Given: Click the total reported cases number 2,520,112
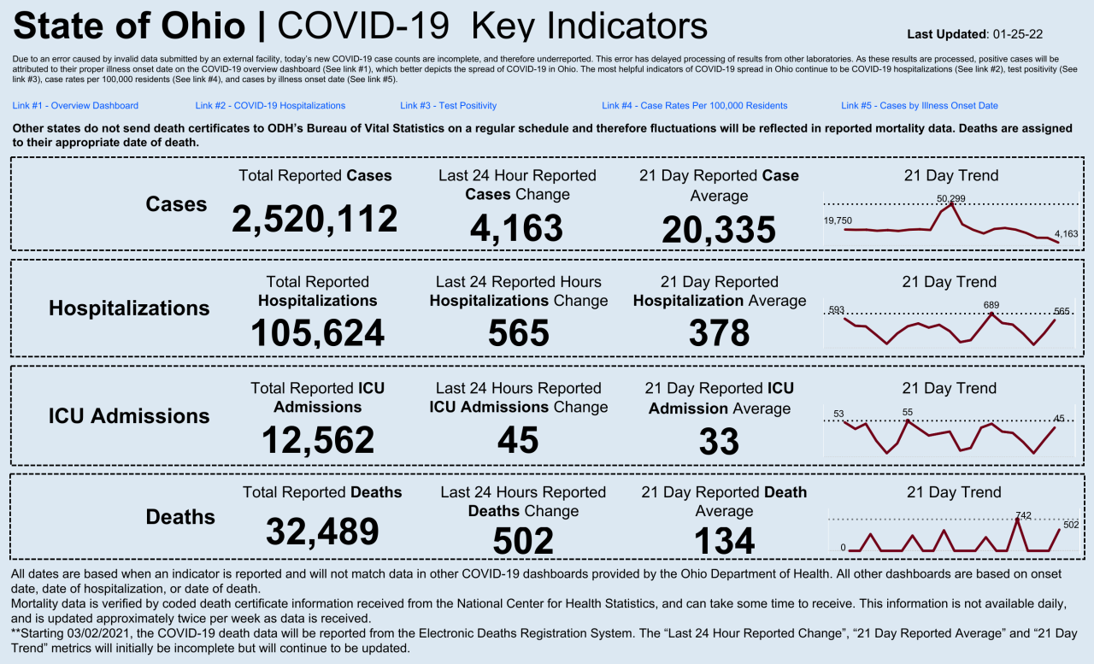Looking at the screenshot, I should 315,219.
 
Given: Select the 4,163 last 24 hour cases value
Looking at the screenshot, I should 516,228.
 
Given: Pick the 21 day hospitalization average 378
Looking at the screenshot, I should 719,332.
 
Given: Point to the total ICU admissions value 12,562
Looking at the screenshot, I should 317,439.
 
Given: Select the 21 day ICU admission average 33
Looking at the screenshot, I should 719,441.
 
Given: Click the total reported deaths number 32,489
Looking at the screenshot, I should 321,531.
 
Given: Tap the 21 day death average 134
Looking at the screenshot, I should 724,540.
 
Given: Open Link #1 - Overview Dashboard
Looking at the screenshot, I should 75,106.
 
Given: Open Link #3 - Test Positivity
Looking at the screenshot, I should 448,106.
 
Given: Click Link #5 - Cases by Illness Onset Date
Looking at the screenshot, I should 919,106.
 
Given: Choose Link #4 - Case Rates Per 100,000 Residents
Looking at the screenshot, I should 694,106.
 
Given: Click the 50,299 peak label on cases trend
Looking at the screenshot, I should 950,198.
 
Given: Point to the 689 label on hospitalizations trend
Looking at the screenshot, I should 991,305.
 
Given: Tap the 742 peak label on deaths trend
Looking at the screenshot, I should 1023,515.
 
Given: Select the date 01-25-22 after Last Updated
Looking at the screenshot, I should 1018,34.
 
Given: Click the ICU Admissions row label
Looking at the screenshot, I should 128,416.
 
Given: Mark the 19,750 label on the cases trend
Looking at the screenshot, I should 838,220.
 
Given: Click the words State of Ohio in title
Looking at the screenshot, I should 129,26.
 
